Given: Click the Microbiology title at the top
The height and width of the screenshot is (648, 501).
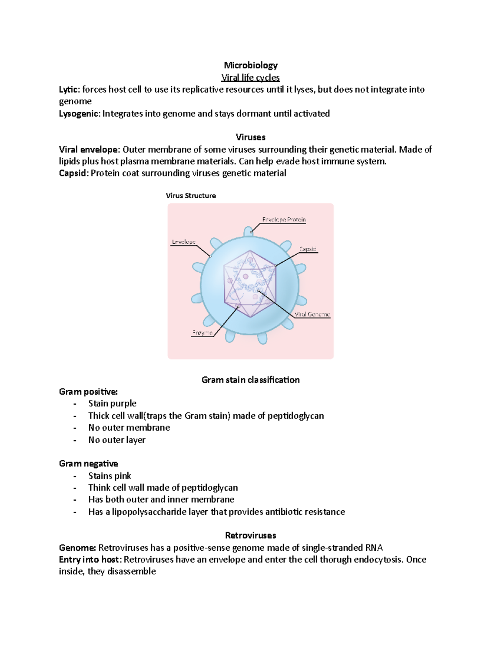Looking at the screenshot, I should click(250, 65).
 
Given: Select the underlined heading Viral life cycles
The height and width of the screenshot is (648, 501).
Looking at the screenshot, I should click(250, 78).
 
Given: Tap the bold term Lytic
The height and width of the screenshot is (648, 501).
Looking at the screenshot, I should click(68, 90).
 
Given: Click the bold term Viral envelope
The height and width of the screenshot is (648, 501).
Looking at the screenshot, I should click(89, 150).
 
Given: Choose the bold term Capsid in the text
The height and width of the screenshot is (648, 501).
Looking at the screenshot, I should click(73, 174).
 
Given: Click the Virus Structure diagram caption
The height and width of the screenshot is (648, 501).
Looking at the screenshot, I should click(191, 196).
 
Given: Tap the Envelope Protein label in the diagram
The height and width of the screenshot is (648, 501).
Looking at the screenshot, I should click(284, 219).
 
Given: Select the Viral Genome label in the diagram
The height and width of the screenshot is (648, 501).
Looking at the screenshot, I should click(312, 315).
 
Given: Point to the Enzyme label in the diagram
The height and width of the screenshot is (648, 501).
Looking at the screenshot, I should click(202, 333).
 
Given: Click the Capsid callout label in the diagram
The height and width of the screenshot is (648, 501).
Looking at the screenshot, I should click(308, 249).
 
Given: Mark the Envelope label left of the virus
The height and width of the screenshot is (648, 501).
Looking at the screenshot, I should click(184, 242).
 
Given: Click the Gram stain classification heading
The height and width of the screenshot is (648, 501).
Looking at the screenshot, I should click(250, 380).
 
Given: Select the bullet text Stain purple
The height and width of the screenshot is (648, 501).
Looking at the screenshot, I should click(112, 403).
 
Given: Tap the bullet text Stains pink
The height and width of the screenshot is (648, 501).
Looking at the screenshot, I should click(109, 476).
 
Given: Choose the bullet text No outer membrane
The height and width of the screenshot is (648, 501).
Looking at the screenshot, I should click(129, 428).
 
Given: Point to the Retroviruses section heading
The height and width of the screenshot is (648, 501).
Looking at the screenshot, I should click(250, 536).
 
